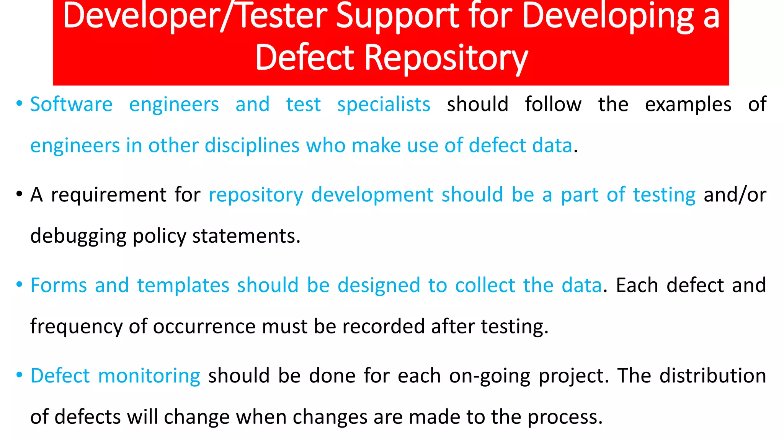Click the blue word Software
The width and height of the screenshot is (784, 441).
click(71, 105)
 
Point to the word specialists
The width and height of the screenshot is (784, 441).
click(384, 105)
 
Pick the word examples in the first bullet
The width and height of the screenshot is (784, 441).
click(688, 105)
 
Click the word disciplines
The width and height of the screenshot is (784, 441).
click(252, 146)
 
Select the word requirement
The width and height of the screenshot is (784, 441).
click(109, 195)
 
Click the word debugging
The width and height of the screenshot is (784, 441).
click(78, 236)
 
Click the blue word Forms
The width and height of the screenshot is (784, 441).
click(59, 286)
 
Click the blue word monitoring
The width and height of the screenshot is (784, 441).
click(149, 376)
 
